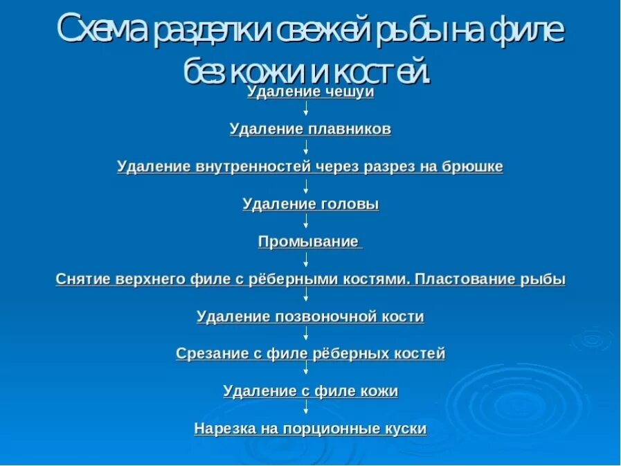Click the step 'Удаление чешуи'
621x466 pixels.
click(x=310, y=92)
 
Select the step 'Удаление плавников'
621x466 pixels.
click(x=310, y=129)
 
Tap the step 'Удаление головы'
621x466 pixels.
click(x=310, y=204)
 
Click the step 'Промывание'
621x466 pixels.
click(x=309, y=242)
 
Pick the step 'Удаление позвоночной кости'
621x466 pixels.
click(x=310, y=316)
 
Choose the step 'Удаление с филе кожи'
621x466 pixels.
click(x=310, y=391)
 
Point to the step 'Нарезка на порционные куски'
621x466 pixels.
click(x=310, y=429)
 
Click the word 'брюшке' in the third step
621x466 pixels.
click(x=477, y=167)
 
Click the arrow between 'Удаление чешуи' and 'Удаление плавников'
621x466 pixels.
click(x=306, y=109)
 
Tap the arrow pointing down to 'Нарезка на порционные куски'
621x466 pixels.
click(x=306, y=409)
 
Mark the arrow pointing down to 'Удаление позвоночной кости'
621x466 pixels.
click(x=306, y=296)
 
